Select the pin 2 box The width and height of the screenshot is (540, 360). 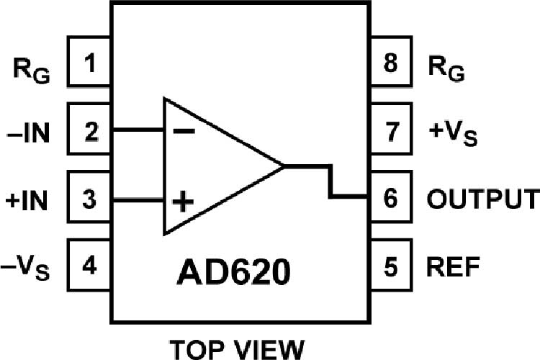coord(89,132)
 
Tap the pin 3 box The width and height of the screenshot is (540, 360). coord(89,198)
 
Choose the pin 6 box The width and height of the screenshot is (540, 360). coord(390,198)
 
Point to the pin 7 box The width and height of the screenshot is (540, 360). coord(390,132)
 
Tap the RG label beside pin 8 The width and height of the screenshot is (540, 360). coord(446,69)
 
